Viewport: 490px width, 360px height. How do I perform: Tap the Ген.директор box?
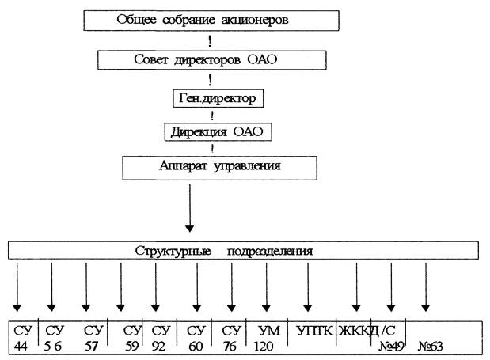point(218,99)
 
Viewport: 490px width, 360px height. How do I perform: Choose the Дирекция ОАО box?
point(218,131)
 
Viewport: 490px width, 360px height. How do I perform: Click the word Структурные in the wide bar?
point(170,251)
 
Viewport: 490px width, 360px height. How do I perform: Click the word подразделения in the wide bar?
point(271,251)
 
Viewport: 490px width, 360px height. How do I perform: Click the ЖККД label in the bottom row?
point(355,328)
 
